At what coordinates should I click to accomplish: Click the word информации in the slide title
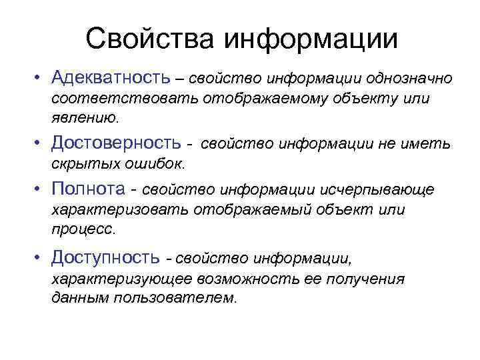click(x=311, y=39)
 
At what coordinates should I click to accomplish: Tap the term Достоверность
click(x=117, y=142)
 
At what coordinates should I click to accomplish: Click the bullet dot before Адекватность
click(x=41, y=79)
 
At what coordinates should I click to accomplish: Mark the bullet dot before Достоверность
click(x=41, y=143)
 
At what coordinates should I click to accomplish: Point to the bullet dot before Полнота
click(x=41, y=190)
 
